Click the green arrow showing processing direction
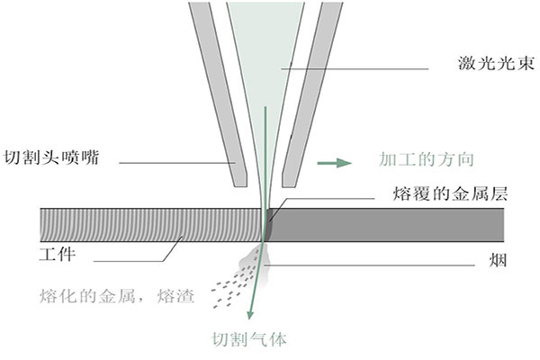pos(333,163)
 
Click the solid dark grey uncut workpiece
pos(387,225)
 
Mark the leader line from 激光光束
pos(360,67)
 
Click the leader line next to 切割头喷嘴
pos(171,163)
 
